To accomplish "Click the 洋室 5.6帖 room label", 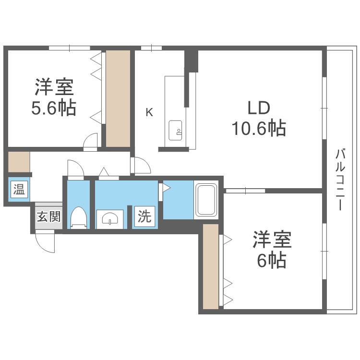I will tap(54, 98).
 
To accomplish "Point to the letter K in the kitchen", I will tap(149, 113).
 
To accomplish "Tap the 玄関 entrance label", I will tap(48, 217).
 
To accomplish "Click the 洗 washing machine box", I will tap(144, 216).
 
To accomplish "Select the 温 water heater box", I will tap(19, 189).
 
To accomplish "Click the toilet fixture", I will tap(78, 217).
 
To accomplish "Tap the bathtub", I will tap(206, 200).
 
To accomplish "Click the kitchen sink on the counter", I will tap(175, 130).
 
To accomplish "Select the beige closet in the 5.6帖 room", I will tap(118, 98).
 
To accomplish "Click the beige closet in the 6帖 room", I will tap(210, 266).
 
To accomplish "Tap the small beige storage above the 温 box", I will tap(19, 162).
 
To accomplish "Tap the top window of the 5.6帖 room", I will tap(70, 48).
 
